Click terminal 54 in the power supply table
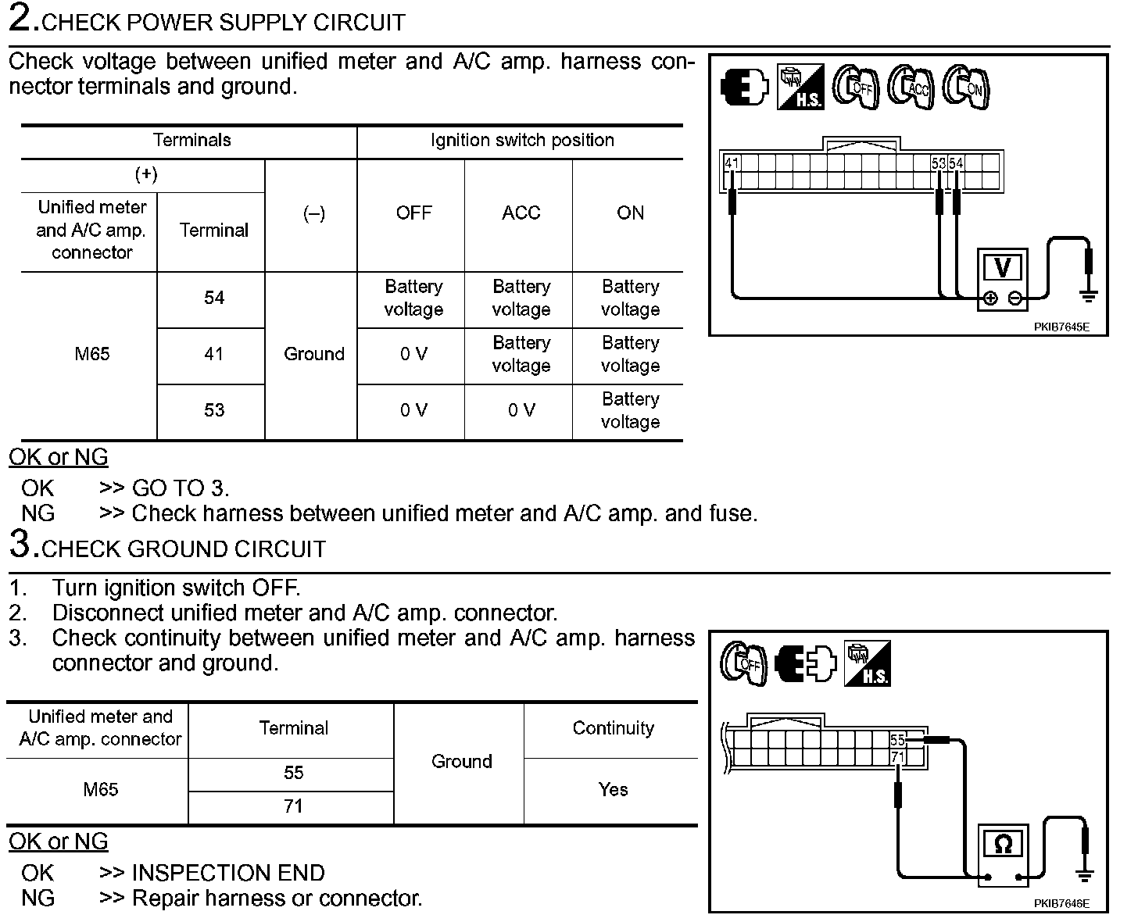tap(213, 298)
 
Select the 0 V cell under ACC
tap(521, 410)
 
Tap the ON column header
tap(630, 213)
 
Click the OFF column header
tap(413, 213)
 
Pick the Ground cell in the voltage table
tap(313, 354)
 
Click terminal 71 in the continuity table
tap(293, 806)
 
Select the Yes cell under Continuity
tap(613, 789)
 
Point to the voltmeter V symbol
tap(1002, 268)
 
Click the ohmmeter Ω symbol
tap(1003, 844)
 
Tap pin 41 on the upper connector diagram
tap(732, 164)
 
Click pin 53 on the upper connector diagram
tap(939, 164)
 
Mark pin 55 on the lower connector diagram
tap(897, 739)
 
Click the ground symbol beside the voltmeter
tap(1089, 295)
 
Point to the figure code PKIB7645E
tap(1061, 327)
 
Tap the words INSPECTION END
tap(228, 873)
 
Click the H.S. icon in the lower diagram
tap(868, 663)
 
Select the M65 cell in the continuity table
tap(101, 789)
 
